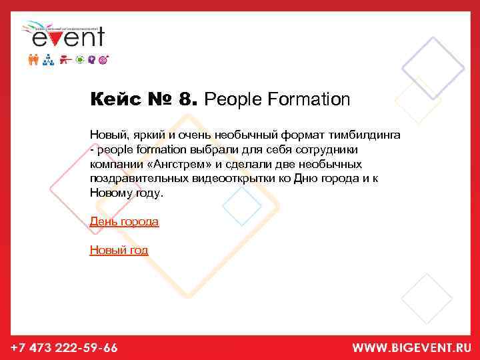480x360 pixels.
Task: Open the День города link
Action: (x=124, y=221)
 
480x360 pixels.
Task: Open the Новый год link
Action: (x=119, y=250)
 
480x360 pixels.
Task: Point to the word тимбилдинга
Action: (x=362, y=135)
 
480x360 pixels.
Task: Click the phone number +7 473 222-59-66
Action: (x=65, y=347)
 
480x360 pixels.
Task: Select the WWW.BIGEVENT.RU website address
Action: (x=411, y=347)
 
